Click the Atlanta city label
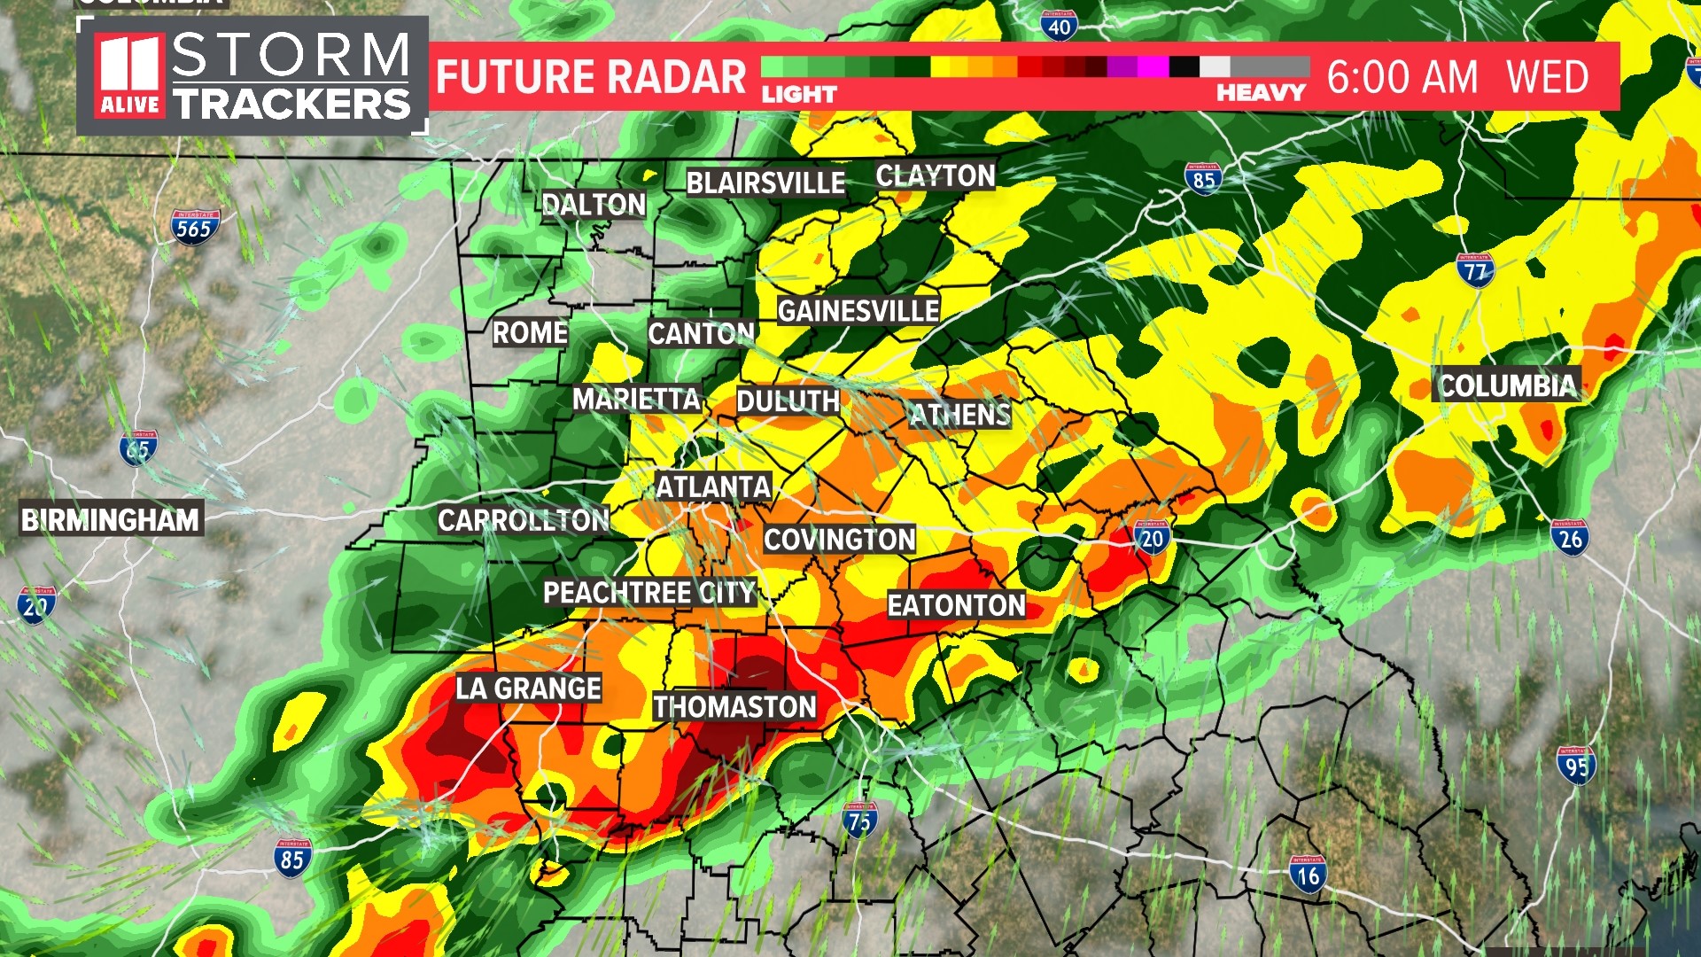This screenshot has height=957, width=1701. (713, 487)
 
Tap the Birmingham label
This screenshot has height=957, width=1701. (111, 519)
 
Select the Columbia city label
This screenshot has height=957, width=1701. (1507, 385)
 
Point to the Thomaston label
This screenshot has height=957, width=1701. (734, 706)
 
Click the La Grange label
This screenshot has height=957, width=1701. (528, 688)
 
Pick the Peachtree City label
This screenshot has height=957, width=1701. (649, 592)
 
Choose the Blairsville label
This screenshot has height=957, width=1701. (765, 183)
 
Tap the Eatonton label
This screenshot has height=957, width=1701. (956, 605)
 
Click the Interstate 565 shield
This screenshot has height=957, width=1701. (195, 227)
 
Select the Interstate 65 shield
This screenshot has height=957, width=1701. (138, 448)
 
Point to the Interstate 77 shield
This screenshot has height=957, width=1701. (1475, 270)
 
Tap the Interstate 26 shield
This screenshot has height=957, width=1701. (1570, 537)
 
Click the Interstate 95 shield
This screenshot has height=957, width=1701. (1576, 766)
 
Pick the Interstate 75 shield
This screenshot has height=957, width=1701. (859, 820)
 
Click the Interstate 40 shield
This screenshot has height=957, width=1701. (1059, 26)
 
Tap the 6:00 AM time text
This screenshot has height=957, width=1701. (1402, 77)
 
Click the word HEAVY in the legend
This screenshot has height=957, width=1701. (1261, 93)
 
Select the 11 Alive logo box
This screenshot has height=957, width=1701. (130, 76)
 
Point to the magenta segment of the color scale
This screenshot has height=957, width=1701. (1153, 66)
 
